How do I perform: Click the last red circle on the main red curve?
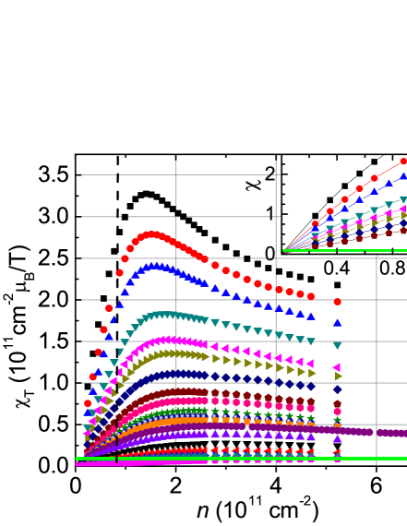pyautogui.click(x=337, y=302)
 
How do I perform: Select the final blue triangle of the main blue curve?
pyautogui.click(x=337, y=323)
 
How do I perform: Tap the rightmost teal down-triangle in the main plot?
pyautogui.click(x=337, y=346)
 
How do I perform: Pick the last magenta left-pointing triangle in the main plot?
pyautogui.click(x=337, y=367)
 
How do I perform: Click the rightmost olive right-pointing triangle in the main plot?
pyautogui.click(x=338, y=377)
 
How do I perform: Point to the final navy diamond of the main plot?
pyautogui.click(x=337, y=389)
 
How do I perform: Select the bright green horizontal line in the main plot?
pyautogui.click(x=240, y=458)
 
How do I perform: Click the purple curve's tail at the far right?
pyautogui.click(x=401, y=433)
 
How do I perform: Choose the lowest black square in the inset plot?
pyautogui.click(x=315, y=216)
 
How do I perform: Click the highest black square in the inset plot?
pyautogui.click(x=374, y=161)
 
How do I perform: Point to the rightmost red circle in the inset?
pyautogui.click(x=403, y=161)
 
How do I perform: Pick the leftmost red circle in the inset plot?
pyautogui.click(x=315, y=223)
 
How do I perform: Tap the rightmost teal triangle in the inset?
pyautogui.click(x=403, y=199)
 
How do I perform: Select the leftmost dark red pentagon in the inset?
pyautogui.click(x=315, y=245)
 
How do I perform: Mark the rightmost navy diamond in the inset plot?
pyautogui.click(x=403, y=222)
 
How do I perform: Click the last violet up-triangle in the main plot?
pyautogui.click(x=337, y=438)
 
